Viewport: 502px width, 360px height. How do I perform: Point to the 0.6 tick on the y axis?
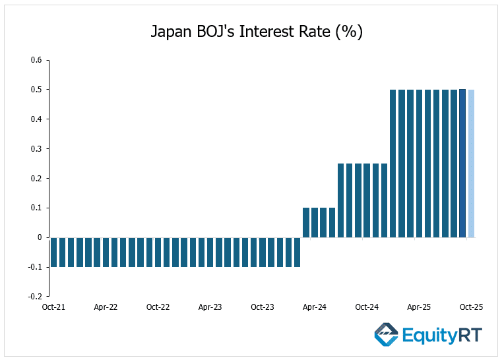(x=36, y=60)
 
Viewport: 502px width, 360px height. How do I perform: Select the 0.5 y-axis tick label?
(x=36, y=90)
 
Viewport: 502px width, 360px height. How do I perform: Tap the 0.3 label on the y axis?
(x=36, y=149)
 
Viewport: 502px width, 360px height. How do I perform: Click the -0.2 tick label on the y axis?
(x=34, y=297)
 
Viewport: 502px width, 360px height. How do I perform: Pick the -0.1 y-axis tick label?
(x=34, y=267)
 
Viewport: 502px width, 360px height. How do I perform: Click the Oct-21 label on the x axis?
(x=53, y=307)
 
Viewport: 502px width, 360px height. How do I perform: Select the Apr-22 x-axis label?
(x=106, y=307)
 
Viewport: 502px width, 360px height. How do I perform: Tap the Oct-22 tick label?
(x=158, y=307)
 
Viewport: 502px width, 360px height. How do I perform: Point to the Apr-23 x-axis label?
(x=210, y=307)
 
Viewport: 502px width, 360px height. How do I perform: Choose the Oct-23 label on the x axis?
(x=263, y=307)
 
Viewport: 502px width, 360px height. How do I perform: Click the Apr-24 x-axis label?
(x=315, y=307)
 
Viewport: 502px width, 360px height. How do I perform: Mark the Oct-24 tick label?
(x=367, y=307)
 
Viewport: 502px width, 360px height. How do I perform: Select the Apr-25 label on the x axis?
(x=419, y=307)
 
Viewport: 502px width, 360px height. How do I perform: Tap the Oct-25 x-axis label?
(x=471, y=307)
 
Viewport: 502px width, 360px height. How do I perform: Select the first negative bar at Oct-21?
(x=54, y=252)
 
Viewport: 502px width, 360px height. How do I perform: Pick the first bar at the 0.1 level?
(x=306, y=223)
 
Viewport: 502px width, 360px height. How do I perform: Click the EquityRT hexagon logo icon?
(x=386, y=334)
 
